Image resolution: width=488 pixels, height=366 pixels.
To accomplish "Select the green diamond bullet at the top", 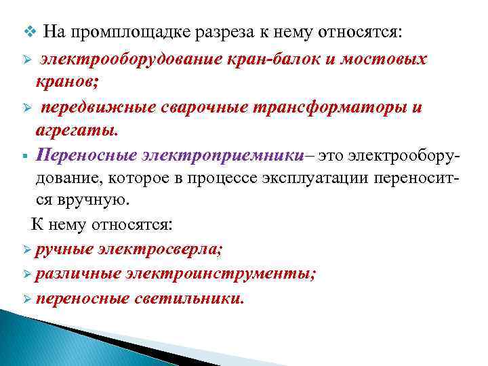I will [27, 31].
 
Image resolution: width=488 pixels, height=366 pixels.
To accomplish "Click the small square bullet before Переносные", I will [24, 157].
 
